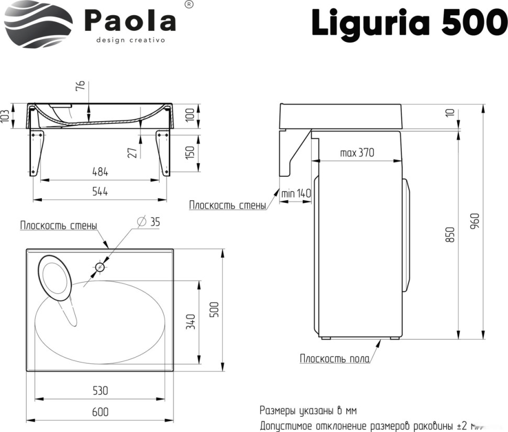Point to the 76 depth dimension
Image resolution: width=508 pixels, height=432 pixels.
click(x=80, y=87)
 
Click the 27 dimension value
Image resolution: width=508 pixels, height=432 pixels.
click(x=132, y=152)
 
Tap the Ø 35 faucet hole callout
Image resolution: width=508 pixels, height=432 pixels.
click(x=149, y=222)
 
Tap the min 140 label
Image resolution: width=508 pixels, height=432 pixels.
click(x=296, y=194)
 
